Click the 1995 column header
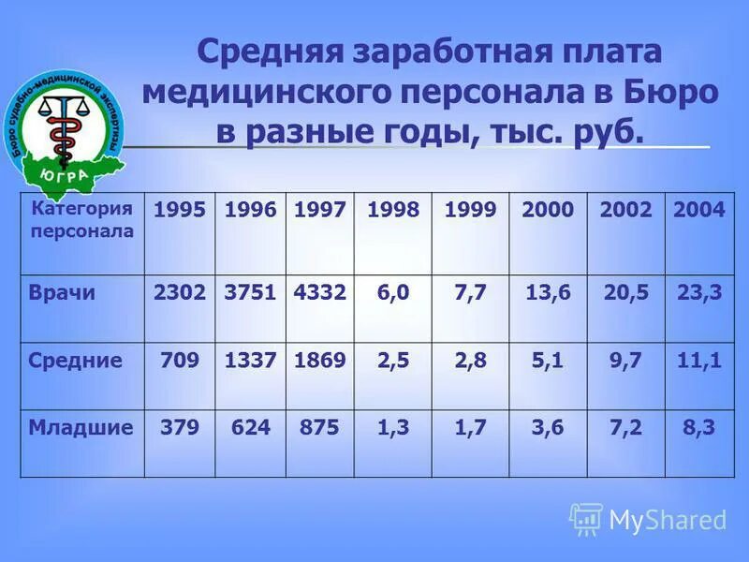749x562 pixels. coord(180,210)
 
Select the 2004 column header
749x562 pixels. coord(699,210)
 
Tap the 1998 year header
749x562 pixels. coord(393,210)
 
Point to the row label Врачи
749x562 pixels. coord(63,292)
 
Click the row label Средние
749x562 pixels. coord(75,360)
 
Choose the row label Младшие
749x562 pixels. coord(81,427)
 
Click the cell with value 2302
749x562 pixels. coord(180,292)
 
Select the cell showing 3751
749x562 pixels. coord(250,292)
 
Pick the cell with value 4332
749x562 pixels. coord(320,292)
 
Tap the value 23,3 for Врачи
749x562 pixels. coord(699,292)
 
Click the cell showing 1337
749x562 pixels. coord(250,360)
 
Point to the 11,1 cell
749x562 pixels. coord(699,360)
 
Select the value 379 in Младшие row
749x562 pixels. coord(180,427)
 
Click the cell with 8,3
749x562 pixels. coord(699,427)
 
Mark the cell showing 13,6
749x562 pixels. coord(548,292)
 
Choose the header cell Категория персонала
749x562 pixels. coord(82,219)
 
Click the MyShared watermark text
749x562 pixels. coord(668,520)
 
